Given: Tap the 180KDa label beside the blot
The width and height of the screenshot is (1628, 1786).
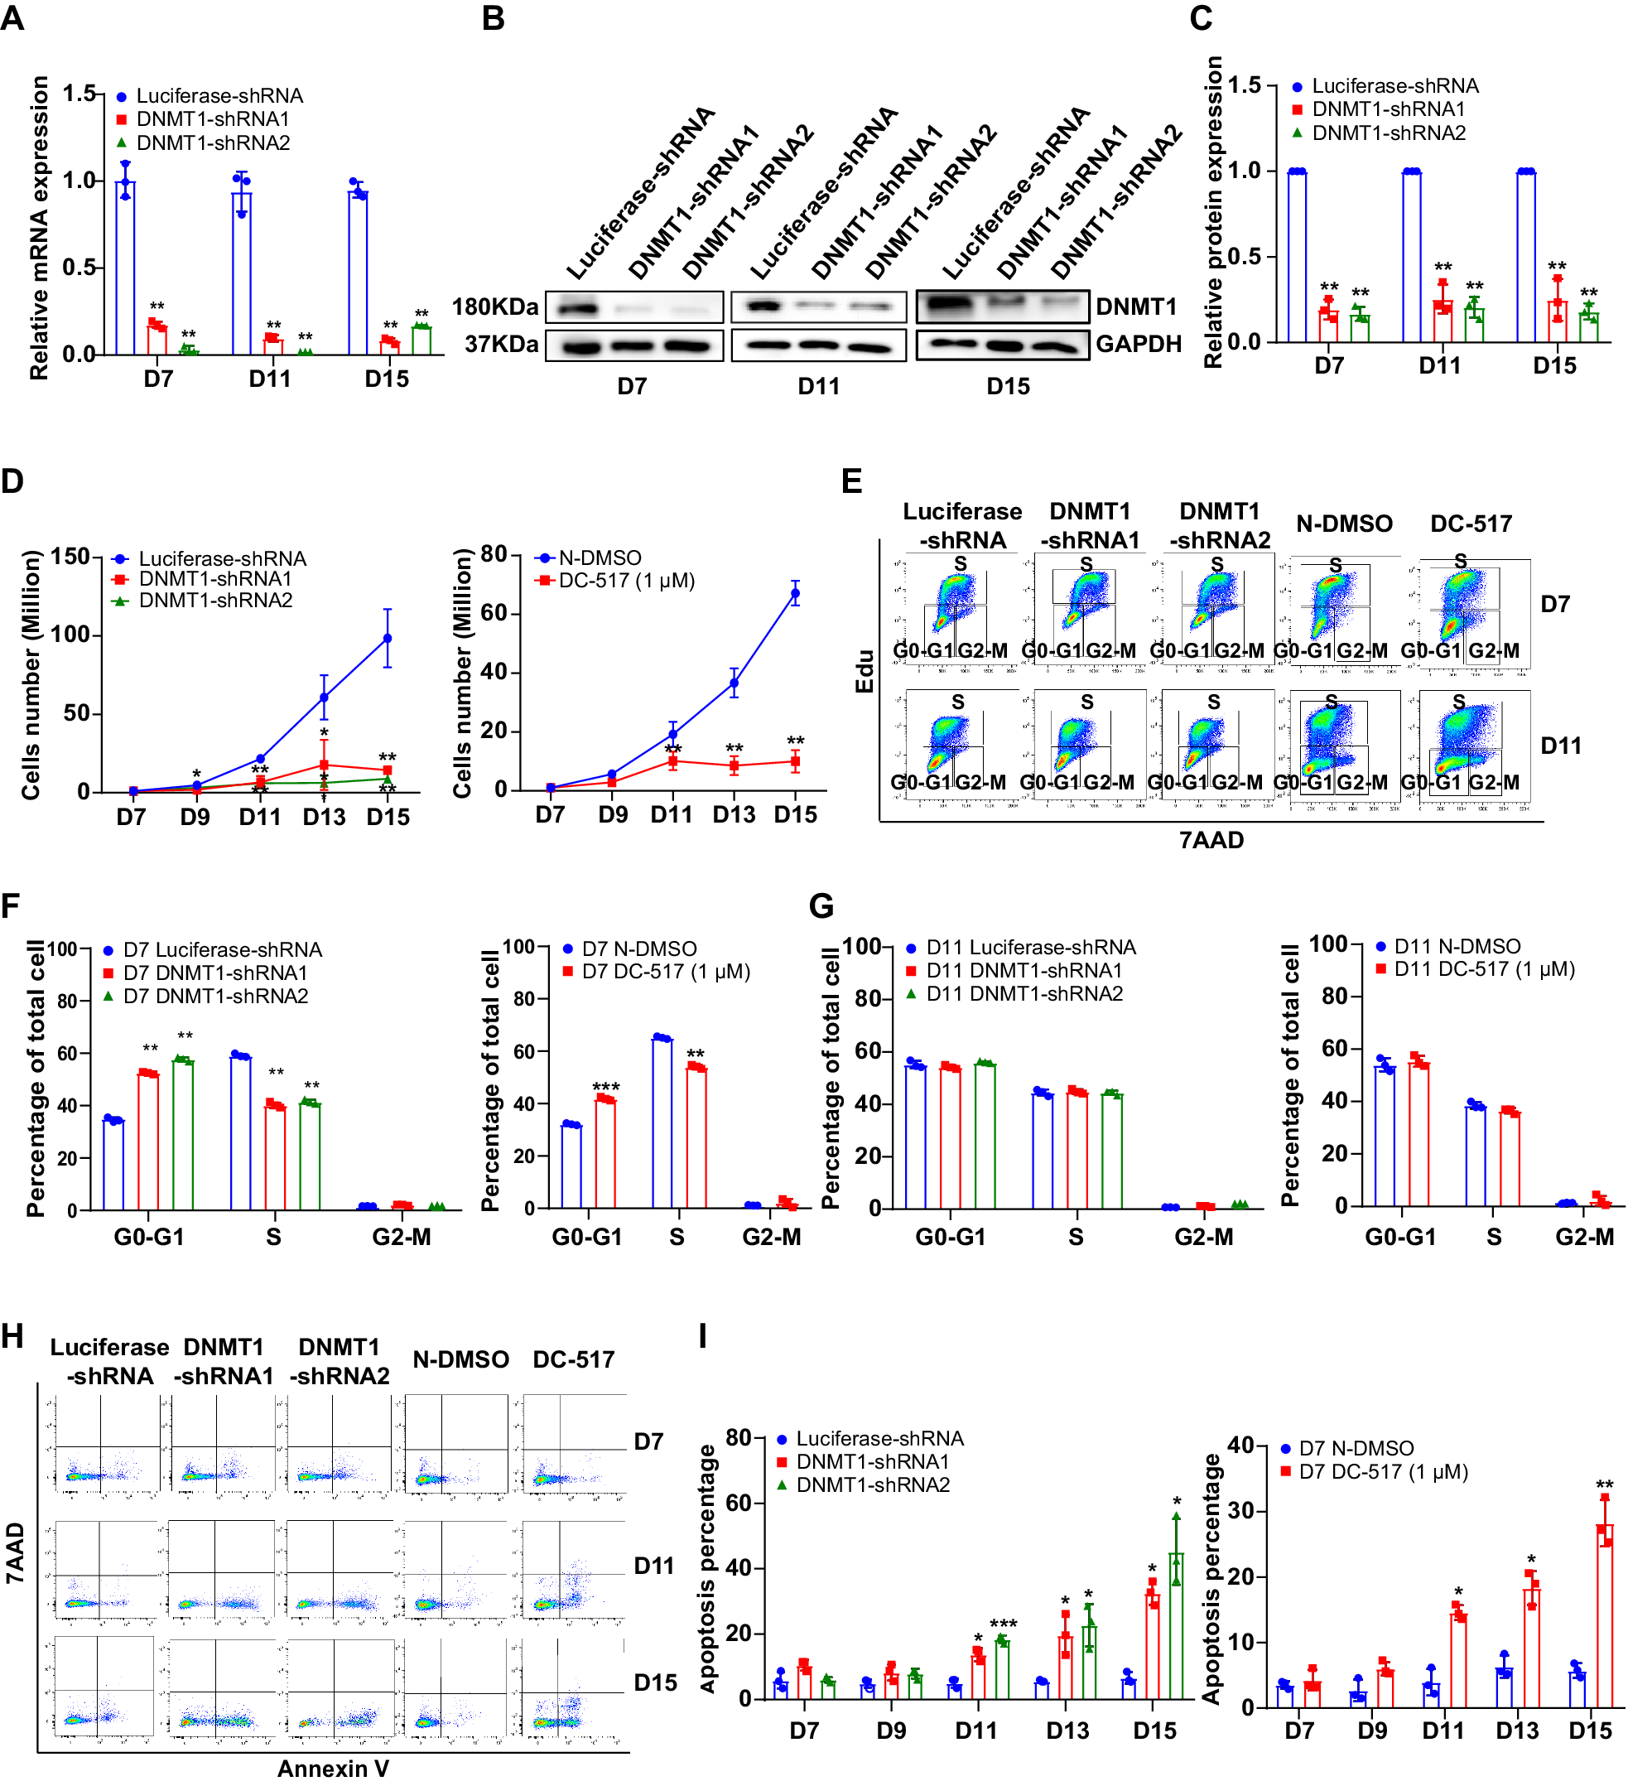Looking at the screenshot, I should pyautogui.click(x=494, y=307).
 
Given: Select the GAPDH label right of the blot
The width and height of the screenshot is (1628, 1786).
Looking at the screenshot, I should pyautogui.click(x=1138, y=345).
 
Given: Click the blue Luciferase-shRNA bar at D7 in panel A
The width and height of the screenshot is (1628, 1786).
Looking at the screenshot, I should pyautogui.click(x=125, y=266).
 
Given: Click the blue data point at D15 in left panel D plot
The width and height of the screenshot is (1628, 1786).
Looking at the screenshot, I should pyautogui.click(x=387, y=638).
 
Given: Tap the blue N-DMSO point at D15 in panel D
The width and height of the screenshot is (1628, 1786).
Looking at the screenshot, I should pyautogui.click(x=796, y=594).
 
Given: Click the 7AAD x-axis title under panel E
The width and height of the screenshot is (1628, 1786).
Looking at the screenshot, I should pyautogui.click(x=1211, y=840).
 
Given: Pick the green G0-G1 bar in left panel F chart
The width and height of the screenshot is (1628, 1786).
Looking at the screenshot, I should pyautogui.click(x=182, y=1134).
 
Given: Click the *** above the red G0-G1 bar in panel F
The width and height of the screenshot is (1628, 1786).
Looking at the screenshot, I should pyautogui.click(x=606, y=1086).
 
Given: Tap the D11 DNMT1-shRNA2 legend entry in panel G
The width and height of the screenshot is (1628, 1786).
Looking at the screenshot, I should pyautogui.click(x=1023, y=994).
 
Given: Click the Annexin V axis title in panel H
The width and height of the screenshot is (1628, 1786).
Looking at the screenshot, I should pyautogui.click(x=333, y=1769).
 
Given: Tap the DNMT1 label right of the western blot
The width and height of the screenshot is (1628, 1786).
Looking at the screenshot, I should pyautogui.click(x=1136, y=307).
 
